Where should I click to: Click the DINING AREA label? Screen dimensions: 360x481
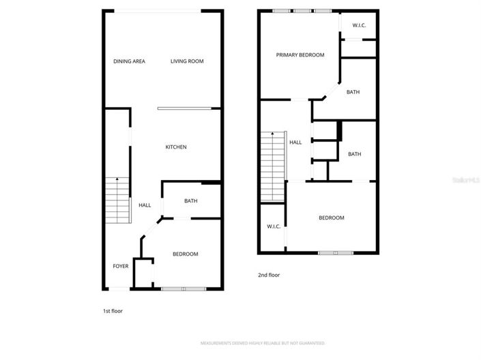tap(129, 61)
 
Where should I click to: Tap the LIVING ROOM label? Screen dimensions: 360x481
tap(187, 61)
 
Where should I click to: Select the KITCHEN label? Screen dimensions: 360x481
tap(176, 147)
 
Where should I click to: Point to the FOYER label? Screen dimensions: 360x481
tap(121, 266)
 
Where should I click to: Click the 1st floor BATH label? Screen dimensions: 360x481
tap(190, 201)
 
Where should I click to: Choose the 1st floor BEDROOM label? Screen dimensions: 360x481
tap(185, 254)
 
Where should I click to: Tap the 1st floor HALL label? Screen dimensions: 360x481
tap(145, 205)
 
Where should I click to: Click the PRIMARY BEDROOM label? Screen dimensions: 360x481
tap(300, 55)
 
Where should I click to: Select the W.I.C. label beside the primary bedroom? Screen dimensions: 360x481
tap(359, 26)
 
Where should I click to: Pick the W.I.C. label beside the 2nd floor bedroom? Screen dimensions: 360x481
tap(274, 226)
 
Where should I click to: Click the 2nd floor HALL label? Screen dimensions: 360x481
tap(295, 142)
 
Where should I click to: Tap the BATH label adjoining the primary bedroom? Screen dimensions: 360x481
tap(353, 92)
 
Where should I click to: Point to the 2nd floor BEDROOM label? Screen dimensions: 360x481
tap(331, 218)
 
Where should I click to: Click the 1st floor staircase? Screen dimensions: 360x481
tap(117, 201)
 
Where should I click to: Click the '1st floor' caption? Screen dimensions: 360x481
tap(113, 311)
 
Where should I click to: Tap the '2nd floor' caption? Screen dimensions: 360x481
tap(268, 275)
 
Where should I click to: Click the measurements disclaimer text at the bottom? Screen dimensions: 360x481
tap(262, 343)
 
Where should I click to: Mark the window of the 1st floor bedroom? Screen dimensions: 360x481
tap(184, 289)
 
